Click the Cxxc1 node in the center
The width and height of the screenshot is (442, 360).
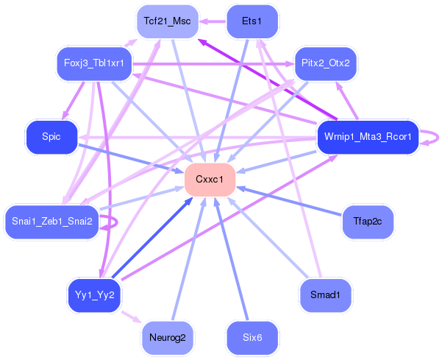pos(210,180)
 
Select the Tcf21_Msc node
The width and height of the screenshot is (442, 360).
pos(167,21)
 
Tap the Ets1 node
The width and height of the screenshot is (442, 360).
pos(252,21)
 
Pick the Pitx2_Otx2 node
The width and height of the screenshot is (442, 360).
pos(325,63)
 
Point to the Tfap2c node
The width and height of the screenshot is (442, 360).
pos(368,222)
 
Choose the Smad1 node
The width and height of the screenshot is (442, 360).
pos(325,295)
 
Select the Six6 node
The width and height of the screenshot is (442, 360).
pos(252,338)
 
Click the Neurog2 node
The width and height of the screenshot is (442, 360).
pos(167,338)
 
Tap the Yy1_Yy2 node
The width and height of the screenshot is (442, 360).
pos(93,295)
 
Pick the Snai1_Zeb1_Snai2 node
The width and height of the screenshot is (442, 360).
pos(51,222)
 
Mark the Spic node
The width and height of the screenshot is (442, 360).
pos(51,137)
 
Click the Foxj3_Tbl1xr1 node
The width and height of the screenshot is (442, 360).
pos(93,63)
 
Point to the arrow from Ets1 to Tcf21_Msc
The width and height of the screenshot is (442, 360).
pos(213,21)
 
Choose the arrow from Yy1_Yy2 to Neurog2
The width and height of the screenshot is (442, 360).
pos(130,317)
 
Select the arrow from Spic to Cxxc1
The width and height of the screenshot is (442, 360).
pos(132,159)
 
